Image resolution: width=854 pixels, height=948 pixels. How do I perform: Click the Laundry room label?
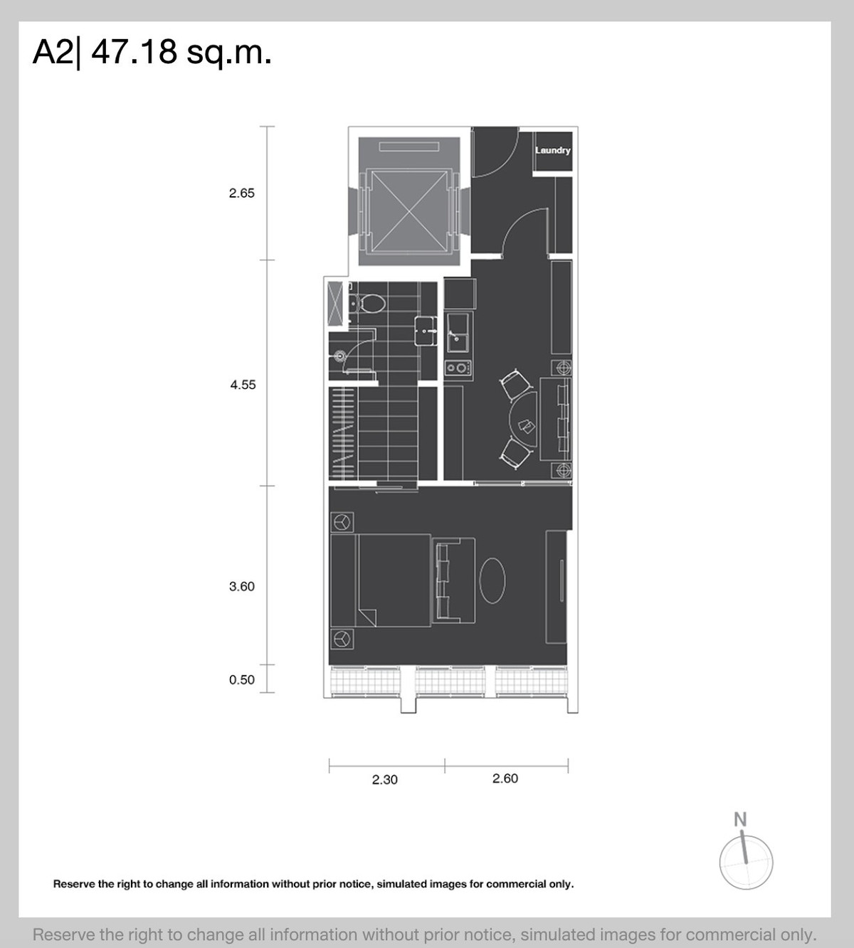pos(553,150)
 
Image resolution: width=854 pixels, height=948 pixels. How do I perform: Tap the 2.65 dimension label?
pos(242,193)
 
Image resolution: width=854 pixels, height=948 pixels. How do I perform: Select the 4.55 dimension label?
pos(243,385)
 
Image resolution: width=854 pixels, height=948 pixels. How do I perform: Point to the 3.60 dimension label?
pos(242,587)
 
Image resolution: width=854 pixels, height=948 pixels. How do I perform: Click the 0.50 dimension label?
pos(242,680)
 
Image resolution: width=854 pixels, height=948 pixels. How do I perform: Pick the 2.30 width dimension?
pos(384,779)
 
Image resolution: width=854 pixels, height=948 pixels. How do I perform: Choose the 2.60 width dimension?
pos(505,778)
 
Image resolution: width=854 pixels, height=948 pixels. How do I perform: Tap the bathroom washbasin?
pos(426,331)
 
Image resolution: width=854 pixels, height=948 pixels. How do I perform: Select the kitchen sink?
pos(458,332)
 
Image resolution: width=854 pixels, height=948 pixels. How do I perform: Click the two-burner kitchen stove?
pos(458,367)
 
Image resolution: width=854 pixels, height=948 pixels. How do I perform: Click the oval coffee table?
pos(492,580)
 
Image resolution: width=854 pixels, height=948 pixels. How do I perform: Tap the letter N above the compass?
pos(740,820)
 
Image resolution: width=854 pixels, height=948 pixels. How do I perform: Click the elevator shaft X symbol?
pos(409,211)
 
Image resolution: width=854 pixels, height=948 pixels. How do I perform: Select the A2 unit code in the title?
pos(53,52)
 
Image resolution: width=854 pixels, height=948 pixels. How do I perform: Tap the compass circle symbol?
pos(746,862)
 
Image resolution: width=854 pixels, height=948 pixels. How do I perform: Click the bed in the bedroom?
pos(381,580)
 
